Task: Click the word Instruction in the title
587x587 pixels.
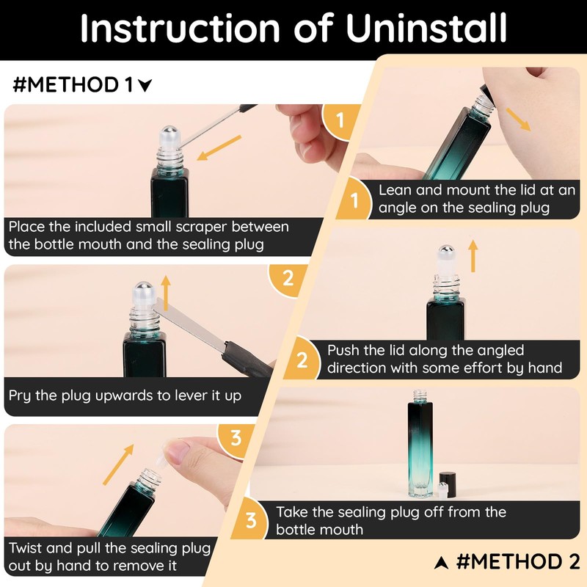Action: pyautogui.click(x=180, y=29)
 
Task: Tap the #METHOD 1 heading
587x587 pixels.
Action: pyautogui.click(x=82, y=84)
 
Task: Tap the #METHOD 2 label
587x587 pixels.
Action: pyautogui.click(x=507, y=561)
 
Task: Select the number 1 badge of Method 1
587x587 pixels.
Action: pyautogui.click(x=340, y=120)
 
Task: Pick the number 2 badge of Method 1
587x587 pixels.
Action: pyautogui.click(x=288, y=279)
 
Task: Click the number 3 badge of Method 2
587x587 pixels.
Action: pyautogui.click(x=251, y=520)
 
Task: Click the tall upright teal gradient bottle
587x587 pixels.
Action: pyautogui.click(x=420, y=445)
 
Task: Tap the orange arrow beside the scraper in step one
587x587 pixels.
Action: pyautogui.click(x=219, y=147)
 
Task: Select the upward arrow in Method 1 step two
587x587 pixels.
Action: pyautogui.click(x=166, y=293)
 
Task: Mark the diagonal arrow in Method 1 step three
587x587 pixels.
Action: pyautogui.click(x=118, y=464)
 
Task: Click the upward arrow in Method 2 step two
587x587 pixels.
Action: pyautogui.click(x=473, y=255)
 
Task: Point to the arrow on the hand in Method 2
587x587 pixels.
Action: pyautogui.click(x=518, y=119)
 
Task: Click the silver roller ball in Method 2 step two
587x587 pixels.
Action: pyautogui.click(x=446, y=250)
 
